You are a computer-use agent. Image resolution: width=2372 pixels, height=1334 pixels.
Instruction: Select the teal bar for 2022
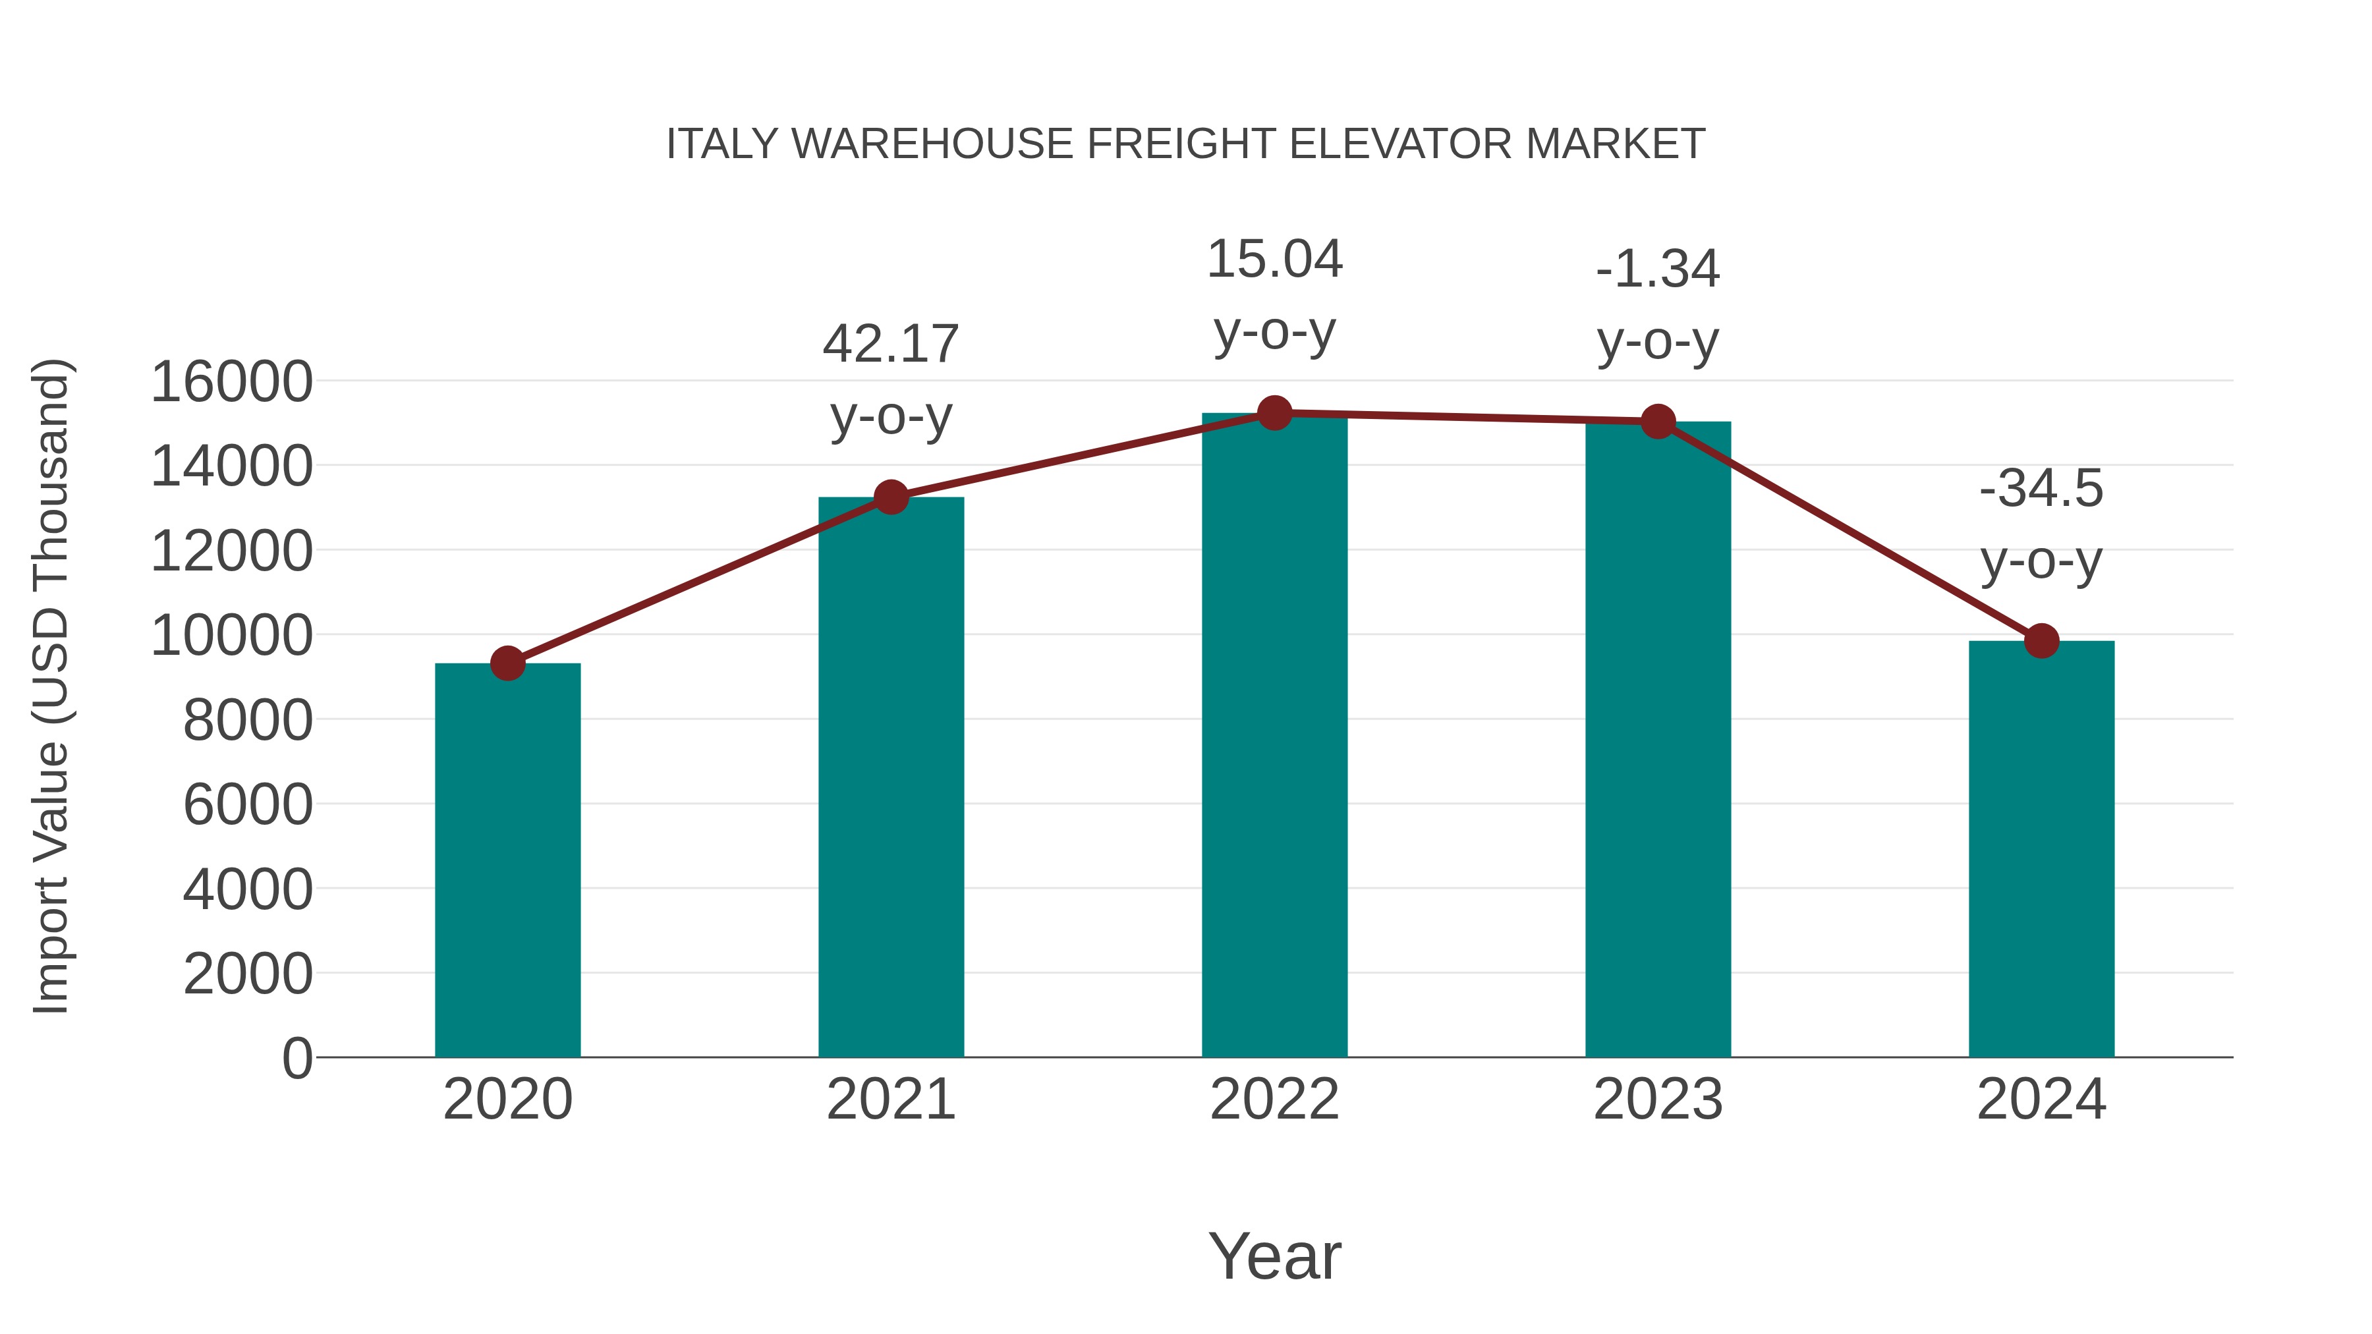click(x=1274, y=736)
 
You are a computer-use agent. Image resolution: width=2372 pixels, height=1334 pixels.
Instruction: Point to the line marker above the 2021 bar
click(x=890, y=498)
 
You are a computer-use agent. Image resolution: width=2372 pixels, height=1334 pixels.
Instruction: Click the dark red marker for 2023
click(x=1658, y=422)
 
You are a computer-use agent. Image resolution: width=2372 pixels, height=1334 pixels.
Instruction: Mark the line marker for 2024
click(x=2041, y=641)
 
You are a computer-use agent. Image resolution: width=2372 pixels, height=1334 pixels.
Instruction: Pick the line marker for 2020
click(x=507, y=663)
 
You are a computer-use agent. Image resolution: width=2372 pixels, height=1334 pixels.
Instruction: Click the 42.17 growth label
click(x=890, y=345)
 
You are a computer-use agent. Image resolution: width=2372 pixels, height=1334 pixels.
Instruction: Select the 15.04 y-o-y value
click(x=1274, y=259)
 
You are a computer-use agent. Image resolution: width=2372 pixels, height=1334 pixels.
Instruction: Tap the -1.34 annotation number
click(x=1658, y=269)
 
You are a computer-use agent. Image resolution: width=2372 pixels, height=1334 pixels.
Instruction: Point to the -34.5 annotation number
click(x=2041, y=489)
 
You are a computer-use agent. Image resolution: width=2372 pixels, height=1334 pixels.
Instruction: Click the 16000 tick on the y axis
click(x=232, y=382)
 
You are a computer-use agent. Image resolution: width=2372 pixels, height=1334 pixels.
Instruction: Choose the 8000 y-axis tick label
click(x=248, y=721)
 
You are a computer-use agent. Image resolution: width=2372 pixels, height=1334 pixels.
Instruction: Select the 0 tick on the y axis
click(x=297, y=1059)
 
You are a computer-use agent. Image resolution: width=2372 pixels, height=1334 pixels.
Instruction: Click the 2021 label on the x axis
click(x=890, y=1099)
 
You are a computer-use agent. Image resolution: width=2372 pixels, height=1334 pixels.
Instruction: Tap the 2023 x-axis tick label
click(x=1658, y=1099)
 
